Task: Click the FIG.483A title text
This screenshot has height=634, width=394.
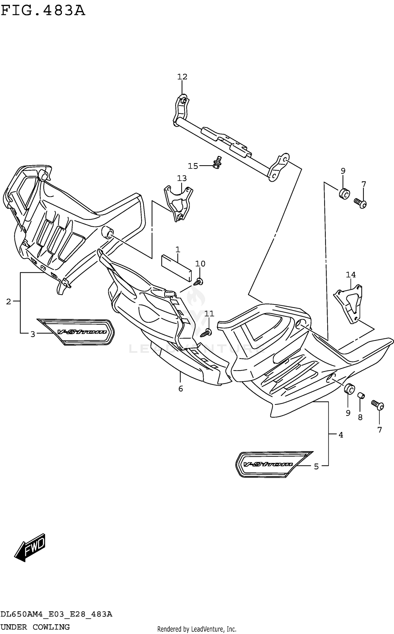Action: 43,11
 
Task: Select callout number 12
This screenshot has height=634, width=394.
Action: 182,77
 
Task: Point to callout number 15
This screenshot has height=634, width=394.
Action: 193,166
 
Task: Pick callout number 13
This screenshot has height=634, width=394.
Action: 182,178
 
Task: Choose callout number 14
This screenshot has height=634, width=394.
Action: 351,275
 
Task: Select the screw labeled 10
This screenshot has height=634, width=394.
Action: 198,283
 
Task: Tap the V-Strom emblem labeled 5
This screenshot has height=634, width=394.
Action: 273,464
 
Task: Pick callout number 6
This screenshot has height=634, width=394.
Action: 180,389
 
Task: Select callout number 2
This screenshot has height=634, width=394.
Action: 8,301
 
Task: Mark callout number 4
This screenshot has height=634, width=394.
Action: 341,435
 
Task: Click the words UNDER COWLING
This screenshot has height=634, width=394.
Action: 35,627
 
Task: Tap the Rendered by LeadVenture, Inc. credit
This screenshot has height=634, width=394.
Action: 197,629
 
